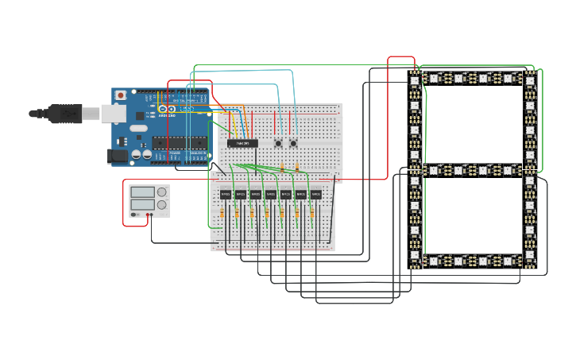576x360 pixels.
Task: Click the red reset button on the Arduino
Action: pyautogui.click(x=121, y=95)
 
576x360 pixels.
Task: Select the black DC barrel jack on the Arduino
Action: pyautogui.click(x=118, y=156)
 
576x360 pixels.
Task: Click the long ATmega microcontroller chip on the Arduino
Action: pyautogui.click(x=180, y=143)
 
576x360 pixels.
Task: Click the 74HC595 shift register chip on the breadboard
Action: pyautogui.click(x=242, y=143)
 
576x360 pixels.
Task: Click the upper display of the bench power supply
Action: pyautogui.click(x=142, y=192)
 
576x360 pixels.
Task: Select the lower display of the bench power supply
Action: pyautogui.click(x=142, y=204)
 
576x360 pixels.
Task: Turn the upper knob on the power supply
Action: pyautogui.click(x=162, y=192)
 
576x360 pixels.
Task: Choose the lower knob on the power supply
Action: pyautogui.click(x=162, y=204)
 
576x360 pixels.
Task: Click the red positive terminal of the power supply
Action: pyautogui.click(x=148, y=215)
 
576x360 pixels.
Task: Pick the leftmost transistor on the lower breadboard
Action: pyautogui.click(x=226, y=194)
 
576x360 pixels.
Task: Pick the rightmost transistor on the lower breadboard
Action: pyautogui.click(x=315, y=194)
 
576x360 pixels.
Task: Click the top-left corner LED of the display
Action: pyautogui.click(x=414, y=79)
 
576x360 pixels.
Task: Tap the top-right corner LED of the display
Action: pyautogui.click(x=530, y=79)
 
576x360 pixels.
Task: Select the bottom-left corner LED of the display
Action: pyautogui.click(x=414, y=261)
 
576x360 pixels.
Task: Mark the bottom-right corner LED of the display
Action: pyautogui.click(x=530, y=261)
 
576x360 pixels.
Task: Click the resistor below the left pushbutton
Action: pyautogui.click(x=282, y=168)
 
